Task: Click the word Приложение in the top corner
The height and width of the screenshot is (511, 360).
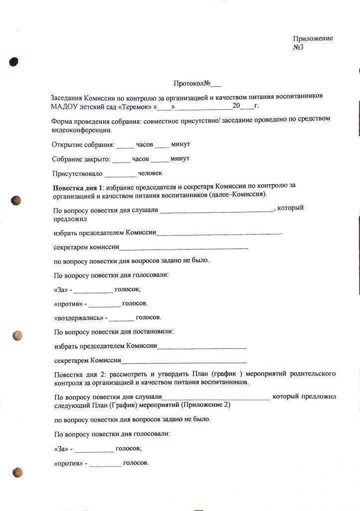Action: point(313,39)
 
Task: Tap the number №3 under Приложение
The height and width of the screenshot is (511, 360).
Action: point(299,47)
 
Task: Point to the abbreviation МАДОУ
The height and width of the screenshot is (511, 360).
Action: point(63,106)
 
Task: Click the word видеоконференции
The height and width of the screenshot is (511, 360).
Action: point(81,131)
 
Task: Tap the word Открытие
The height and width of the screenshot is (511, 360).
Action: point(67,145)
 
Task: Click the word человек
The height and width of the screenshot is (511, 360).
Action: point(151,174)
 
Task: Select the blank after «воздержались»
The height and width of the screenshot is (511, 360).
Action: point(122,318)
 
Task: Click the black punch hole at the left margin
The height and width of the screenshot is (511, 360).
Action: point(13,61)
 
